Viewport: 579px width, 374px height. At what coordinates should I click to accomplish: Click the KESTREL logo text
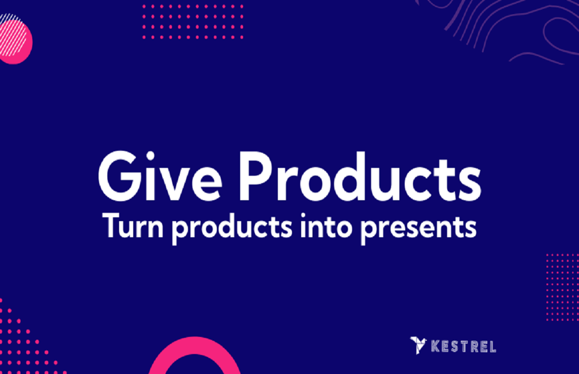tap(464, 347)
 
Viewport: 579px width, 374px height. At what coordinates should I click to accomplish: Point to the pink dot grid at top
tap(193, 22)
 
